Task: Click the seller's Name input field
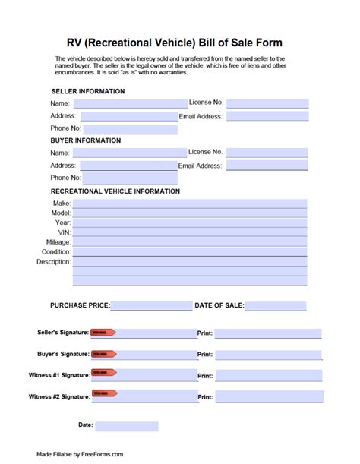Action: pyautogui.click(x=130, y=103)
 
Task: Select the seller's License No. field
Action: pyautogui.click(x=267, y=103)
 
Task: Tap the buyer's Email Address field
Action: pyautogui.click(x=267, y=165)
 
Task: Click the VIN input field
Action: pyautogui.click(x=190, y=232)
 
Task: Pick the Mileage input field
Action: pyautogui.click(x=190, y=242)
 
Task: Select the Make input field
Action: pyautogui.click(x=190, y=204)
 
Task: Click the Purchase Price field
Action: pyautogui.click(x=150, y=305)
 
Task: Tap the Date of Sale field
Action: pyautogui.click(x=275, y=306)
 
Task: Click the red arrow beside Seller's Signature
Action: pyautogui.click(x=103, y=333)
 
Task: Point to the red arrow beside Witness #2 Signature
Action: pyautogui.click(x=103, y=393)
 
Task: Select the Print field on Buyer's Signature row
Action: pyautogui.click(x=268, y=355)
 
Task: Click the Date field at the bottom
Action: pyautogui.click(x=127, y=426)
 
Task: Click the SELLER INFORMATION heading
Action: pyautogui.click(x=88, y=91)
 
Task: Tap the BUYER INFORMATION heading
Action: pyautogui.click(x=86, y=140)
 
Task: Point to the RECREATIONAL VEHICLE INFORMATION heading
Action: pyautogui.click(x=115, y=191)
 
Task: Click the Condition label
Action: pyautogui.click(x=56, y=251)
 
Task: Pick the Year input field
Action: pyautogui.click(x=190, y=223)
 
